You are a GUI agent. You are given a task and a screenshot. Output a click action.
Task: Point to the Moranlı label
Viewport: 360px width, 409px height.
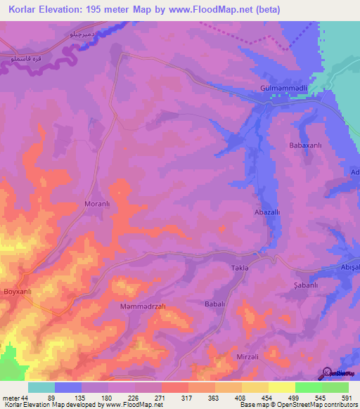click(98, 204)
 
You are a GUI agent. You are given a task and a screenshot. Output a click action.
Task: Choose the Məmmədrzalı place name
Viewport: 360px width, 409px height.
click(141, 307)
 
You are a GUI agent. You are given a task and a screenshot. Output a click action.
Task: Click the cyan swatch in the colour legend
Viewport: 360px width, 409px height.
click(41, 387)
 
